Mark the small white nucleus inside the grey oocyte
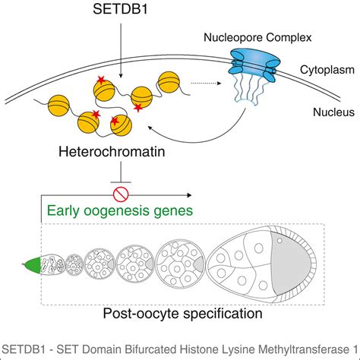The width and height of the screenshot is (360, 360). point(283,242)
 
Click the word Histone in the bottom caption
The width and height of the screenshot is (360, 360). point(191,350)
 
